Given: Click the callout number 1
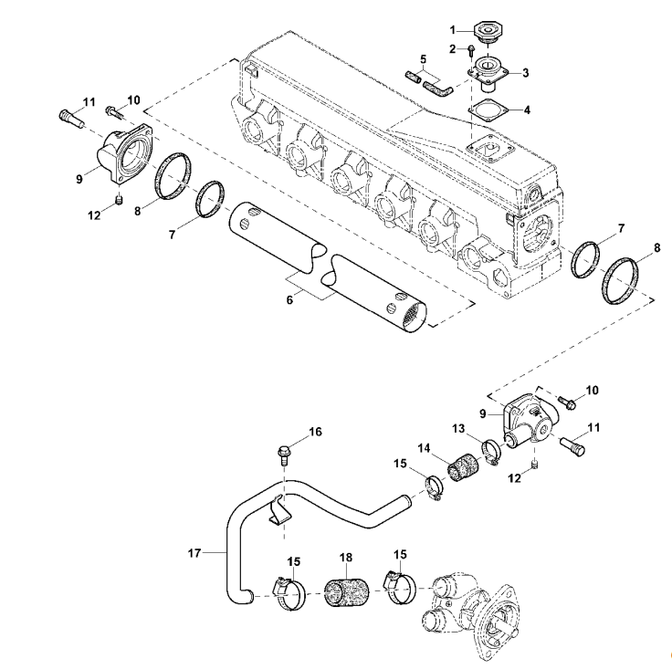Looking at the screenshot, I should [x=465, y=31].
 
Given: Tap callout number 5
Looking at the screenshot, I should [x=422, y=60].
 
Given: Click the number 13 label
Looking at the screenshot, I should [x=458, y=428].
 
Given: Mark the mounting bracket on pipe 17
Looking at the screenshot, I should [x=278, y=512].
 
